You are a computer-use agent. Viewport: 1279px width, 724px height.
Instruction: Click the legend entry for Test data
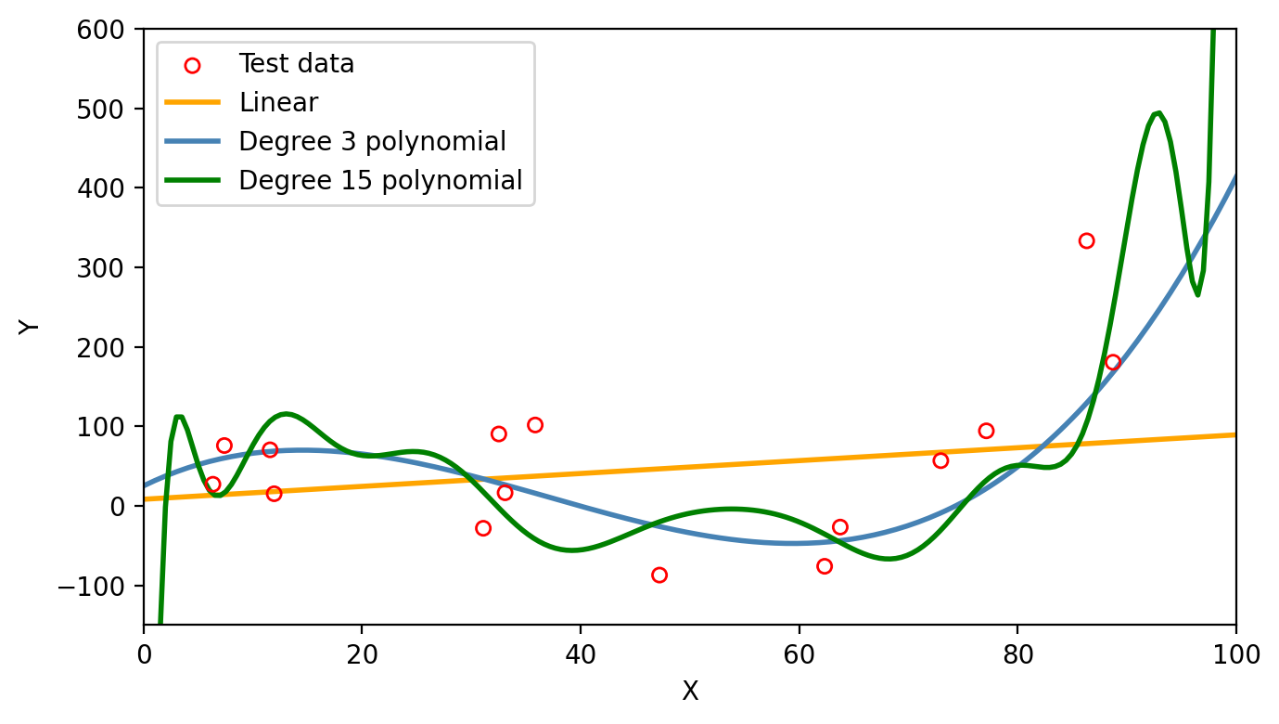(x=296, y=64)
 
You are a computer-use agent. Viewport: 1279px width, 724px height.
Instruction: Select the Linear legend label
(x=278, y=103)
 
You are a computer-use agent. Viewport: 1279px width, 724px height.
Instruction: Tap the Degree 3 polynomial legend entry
(x=372, y=141)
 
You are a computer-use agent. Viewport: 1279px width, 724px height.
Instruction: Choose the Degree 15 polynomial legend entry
(x=380, y=180)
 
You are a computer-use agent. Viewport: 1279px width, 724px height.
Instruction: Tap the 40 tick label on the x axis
(x=580, y=655)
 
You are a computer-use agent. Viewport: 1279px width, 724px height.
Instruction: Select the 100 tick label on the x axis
(x=1235, y=655)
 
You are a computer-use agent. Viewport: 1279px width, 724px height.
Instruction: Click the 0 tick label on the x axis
(x=144, y=655)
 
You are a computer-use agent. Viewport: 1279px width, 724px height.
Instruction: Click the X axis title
(x=690, y=692)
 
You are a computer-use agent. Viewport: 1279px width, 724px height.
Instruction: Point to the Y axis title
(x=30, y=327)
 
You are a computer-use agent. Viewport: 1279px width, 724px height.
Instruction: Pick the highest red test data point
(x=1086, y=240)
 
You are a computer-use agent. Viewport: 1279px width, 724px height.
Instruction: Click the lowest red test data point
(x=659, y=575)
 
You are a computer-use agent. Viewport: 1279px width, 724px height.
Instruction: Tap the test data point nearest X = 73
(x=940, y=460)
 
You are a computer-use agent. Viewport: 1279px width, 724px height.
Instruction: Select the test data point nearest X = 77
(x=986, y=431)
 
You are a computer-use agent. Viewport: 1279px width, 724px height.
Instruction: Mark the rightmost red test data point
(x=1113, y=362)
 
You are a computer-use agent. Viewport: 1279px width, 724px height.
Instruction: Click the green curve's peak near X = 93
(x=1157, y=113)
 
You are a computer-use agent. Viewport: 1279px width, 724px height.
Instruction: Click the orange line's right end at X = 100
(x=1234, y=434)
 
